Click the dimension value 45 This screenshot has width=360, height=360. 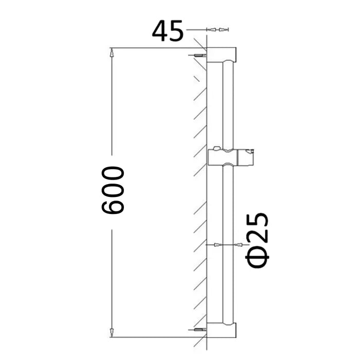click(168, 31)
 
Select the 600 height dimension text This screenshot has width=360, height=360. click(113, 190)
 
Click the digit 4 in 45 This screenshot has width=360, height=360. click(160, 31)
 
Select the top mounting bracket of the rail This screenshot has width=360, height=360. click(221, 55)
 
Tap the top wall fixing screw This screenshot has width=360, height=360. click(200, 55)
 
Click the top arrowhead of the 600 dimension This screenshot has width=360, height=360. click(112, 51)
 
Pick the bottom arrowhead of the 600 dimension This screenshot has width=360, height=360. click(112, 334)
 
